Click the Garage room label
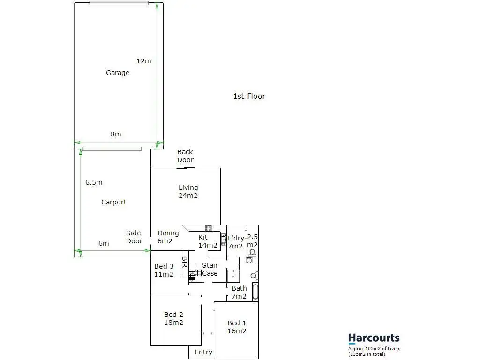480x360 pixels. coord(118,73)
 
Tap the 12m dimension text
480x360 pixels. coord(144,61)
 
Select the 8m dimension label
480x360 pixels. coord(116,134)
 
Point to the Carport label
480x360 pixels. coord(114,202)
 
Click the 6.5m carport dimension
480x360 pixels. coord(94,182)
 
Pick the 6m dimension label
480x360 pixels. coord(104,243)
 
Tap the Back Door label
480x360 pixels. coord(185,156)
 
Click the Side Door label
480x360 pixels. coord(134,237)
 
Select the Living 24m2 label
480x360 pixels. coord(188,191)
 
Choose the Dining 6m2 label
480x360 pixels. coord(168,237)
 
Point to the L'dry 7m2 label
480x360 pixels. coord(235,242)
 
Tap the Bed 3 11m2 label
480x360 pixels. coord(164,270)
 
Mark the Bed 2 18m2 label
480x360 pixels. coord(173,318)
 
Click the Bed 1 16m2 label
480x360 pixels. coord(237,327)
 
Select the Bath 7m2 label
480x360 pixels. coord(239,292)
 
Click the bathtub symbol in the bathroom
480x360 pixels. coord(255,291)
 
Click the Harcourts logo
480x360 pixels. coord(374,338)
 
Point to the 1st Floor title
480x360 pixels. coord(249,96)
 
